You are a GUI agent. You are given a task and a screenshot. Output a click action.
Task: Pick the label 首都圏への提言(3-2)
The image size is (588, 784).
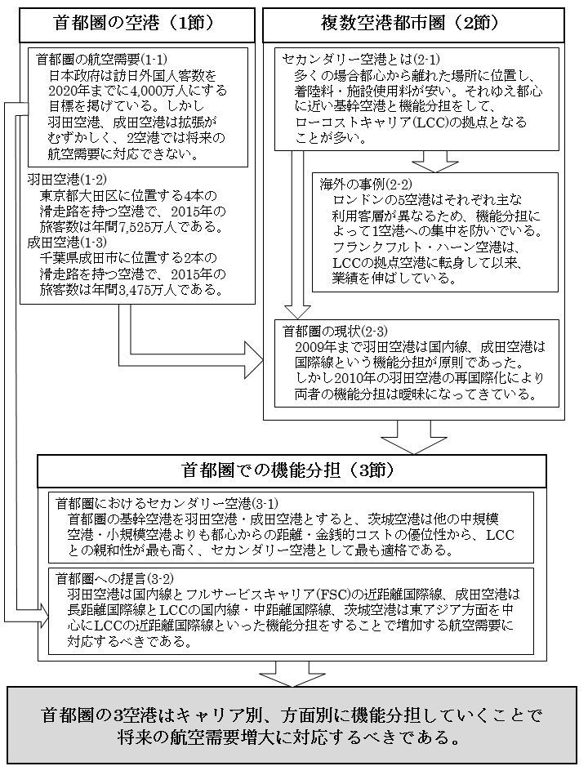101,578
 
